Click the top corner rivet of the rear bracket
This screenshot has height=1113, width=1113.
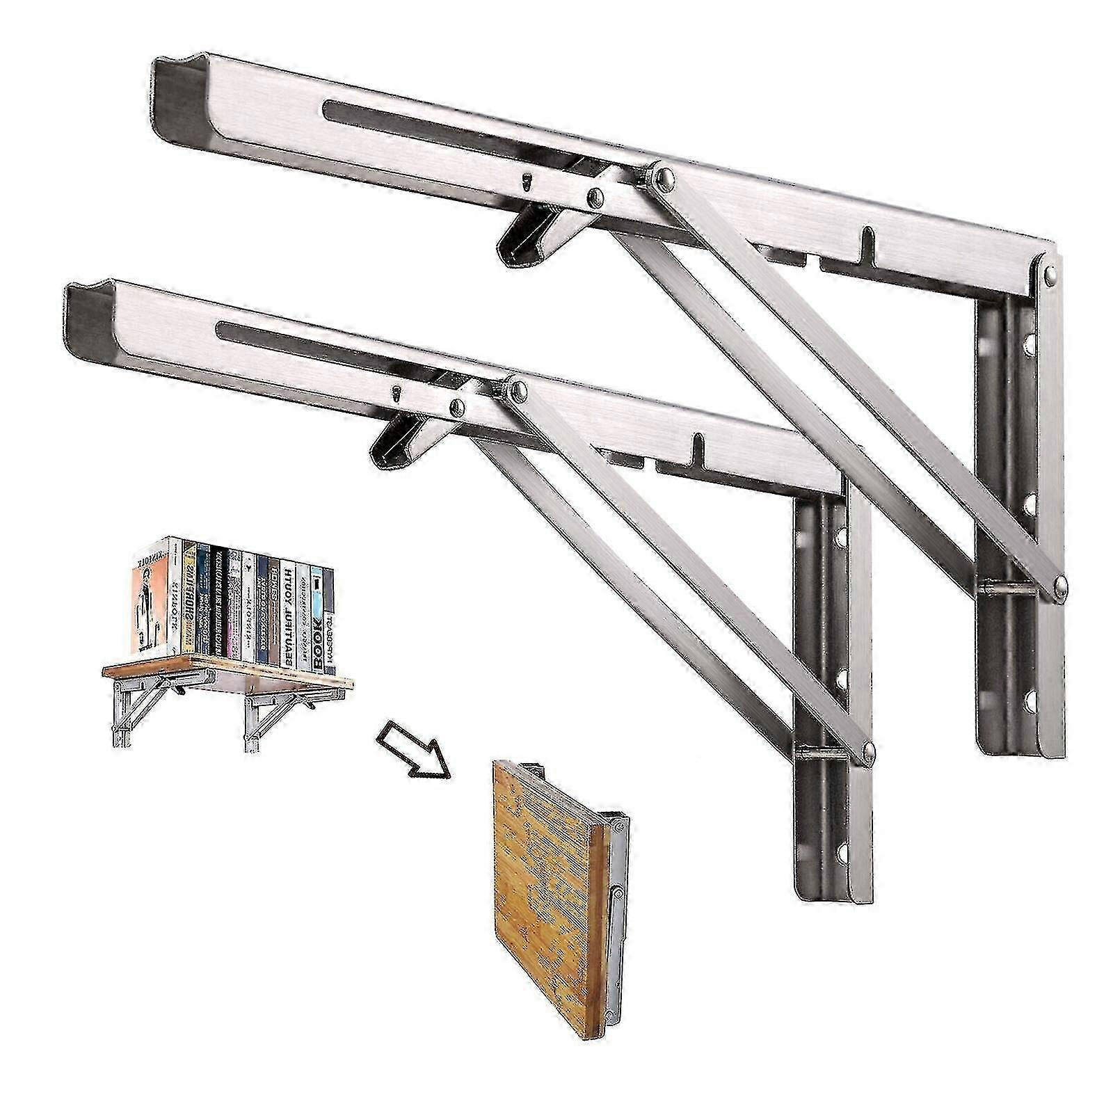coord(1050,278)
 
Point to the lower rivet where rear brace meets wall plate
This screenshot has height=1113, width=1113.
coord(1058,586)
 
